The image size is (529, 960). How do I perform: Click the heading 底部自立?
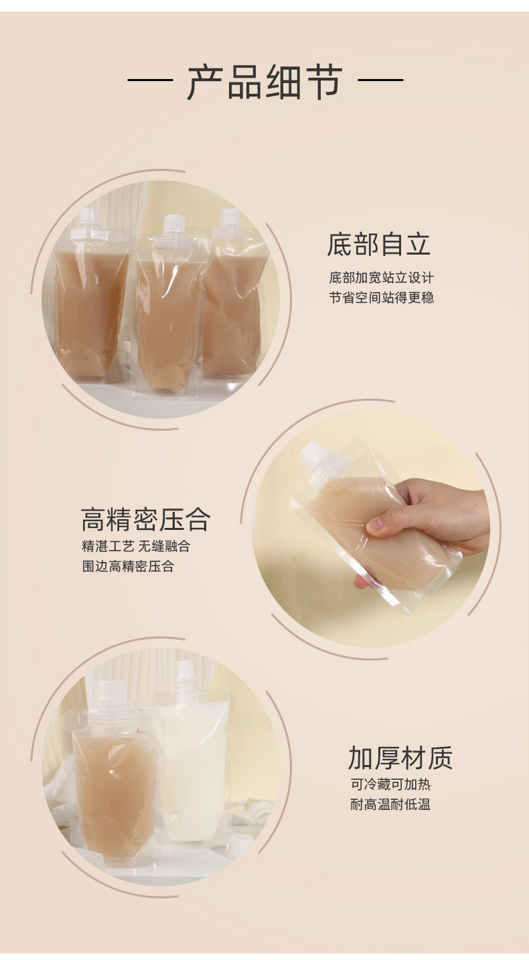[378, 245]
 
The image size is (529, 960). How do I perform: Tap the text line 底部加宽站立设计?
[381, 277]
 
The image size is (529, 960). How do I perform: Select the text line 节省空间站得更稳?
[381, 297]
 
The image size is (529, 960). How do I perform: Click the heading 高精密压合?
[145, 519]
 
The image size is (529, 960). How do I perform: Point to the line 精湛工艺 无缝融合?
[136, 547]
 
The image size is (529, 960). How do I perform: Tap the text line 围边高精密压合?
[128, 566]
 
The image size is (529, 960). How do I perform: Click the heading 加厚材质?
[400, 758]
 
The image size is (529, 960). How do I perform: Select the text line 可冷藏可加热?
[390, 784]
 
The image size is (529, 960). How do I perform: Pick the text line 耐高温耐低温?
[390, 805]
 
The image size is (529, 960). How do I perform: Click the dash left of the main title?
[150, 80]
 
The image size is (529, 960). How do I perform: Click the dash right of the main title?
[380, 80]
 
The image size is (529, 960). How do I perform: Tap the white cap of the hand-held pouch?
[312, 454]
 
